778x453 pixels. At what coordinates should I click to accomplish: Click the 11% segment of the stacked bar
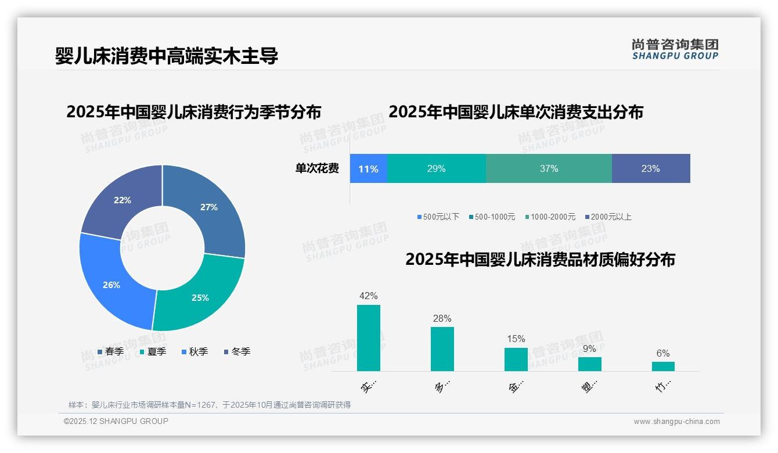click(x=368, y=169)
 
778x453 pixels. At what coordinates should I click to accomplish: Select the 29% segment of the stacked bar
click(x=436, y=169)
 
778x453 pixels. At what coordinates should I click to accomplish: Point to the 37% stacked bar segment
click(x=549, y=169)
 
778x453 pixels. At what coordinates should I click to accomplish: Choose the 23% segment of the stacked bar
click(x=650, y=169)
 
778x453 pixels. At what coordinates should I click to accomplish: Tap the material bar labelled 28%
click(x=442, y=348)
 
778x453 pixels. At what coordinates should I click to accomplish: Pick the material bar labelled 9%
click(x=590, y=364)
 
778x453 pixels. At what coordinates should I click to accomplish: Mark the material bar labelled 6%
click(x=663, y=366)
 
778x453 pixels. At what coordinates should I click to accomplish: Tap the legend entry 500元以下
click(x=438, y=217)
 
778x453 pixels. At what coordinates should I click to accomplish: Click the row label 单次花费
click(x=317, y=169)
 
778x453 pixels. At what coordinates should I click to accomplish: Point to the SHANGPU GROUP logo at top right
click(x=675, y=49)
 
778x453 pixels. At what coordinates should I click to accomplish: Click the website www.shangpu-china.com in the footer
click(x=676, y=422)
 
